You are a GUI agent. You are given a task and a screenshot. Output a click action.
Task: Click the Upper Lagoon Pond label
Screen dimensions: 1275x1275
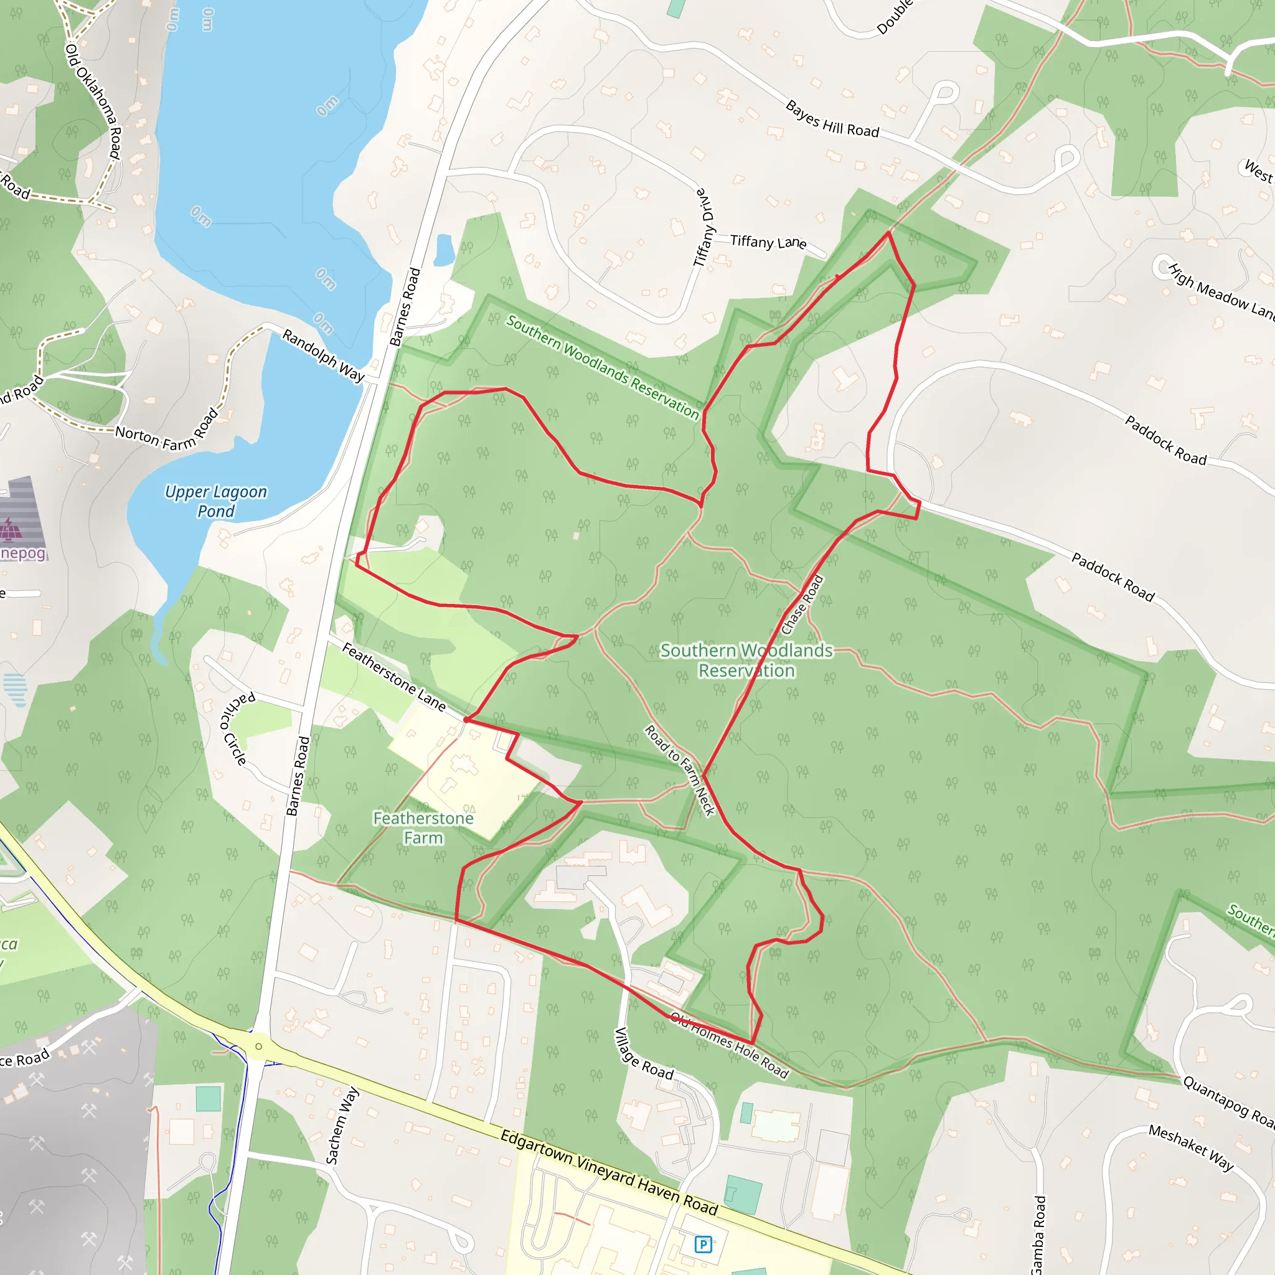click(x=216, y=502)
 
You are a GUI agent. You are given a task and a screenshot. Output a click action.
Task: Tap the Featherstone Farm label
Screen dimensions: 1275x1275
click(x=423, y=827)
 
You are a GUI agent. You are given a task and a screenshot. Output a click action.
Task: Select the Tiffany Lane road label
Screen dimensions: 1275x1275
click(x=768, y=242)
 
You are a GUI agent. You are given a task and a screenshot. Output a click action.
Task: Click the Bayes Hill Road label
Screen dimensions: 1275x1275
click(x=832, y=120)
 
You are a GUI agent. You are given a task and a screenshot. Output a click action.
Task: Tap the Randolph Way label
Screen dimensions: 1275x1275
click(x=323, y=355)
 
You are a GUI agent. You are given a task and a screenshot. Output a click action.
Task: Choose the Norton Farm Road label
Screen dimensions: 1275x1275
click(x=166, y=431)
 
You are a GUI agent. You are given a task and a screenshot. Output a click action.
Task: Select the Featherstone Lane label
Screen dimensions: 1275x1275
click(x=394, y=677)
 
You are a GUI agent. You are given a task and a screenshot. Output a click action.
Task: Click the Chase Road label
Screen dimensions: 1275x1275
click(x=802, y=605)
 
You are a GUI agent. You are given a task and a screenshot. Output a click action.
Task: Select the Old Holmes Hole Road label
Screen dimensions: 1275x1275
click(x=729, y=1045)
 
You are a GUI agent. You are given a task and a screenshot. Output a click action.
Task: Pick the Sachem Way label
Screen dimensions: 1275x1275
click(x=342, y=1125)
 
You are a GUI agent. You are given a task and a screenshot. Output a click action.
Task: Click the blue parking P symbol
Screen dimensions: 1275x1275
click(x=703, y=1244)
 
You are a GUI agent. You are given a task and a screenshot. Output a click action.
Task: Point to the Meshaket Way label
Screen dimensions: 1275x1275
click(x=1190, y=1147)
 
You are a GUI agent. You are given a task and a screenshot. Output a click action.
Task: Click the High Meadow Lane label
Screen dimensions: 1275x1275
click(x=1221, y=291)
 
